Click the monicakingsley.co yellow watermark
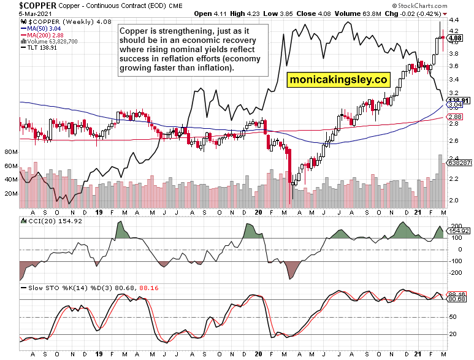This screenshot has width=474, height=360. click(340, 80)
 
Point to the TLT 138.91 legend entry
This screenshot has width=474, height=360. click(37, 47)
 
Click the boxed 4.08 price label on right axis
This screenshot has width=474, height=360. click(455, 38)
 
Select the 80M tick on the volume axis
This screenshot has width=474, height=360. click(10, 151)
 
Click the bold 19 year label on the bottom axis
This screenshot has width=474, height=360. click(99, 354)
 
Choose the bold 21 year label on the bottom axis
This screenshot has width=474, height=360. click(417, 354)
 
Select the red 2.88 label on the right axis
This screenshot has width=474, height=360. click(455, 117)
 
